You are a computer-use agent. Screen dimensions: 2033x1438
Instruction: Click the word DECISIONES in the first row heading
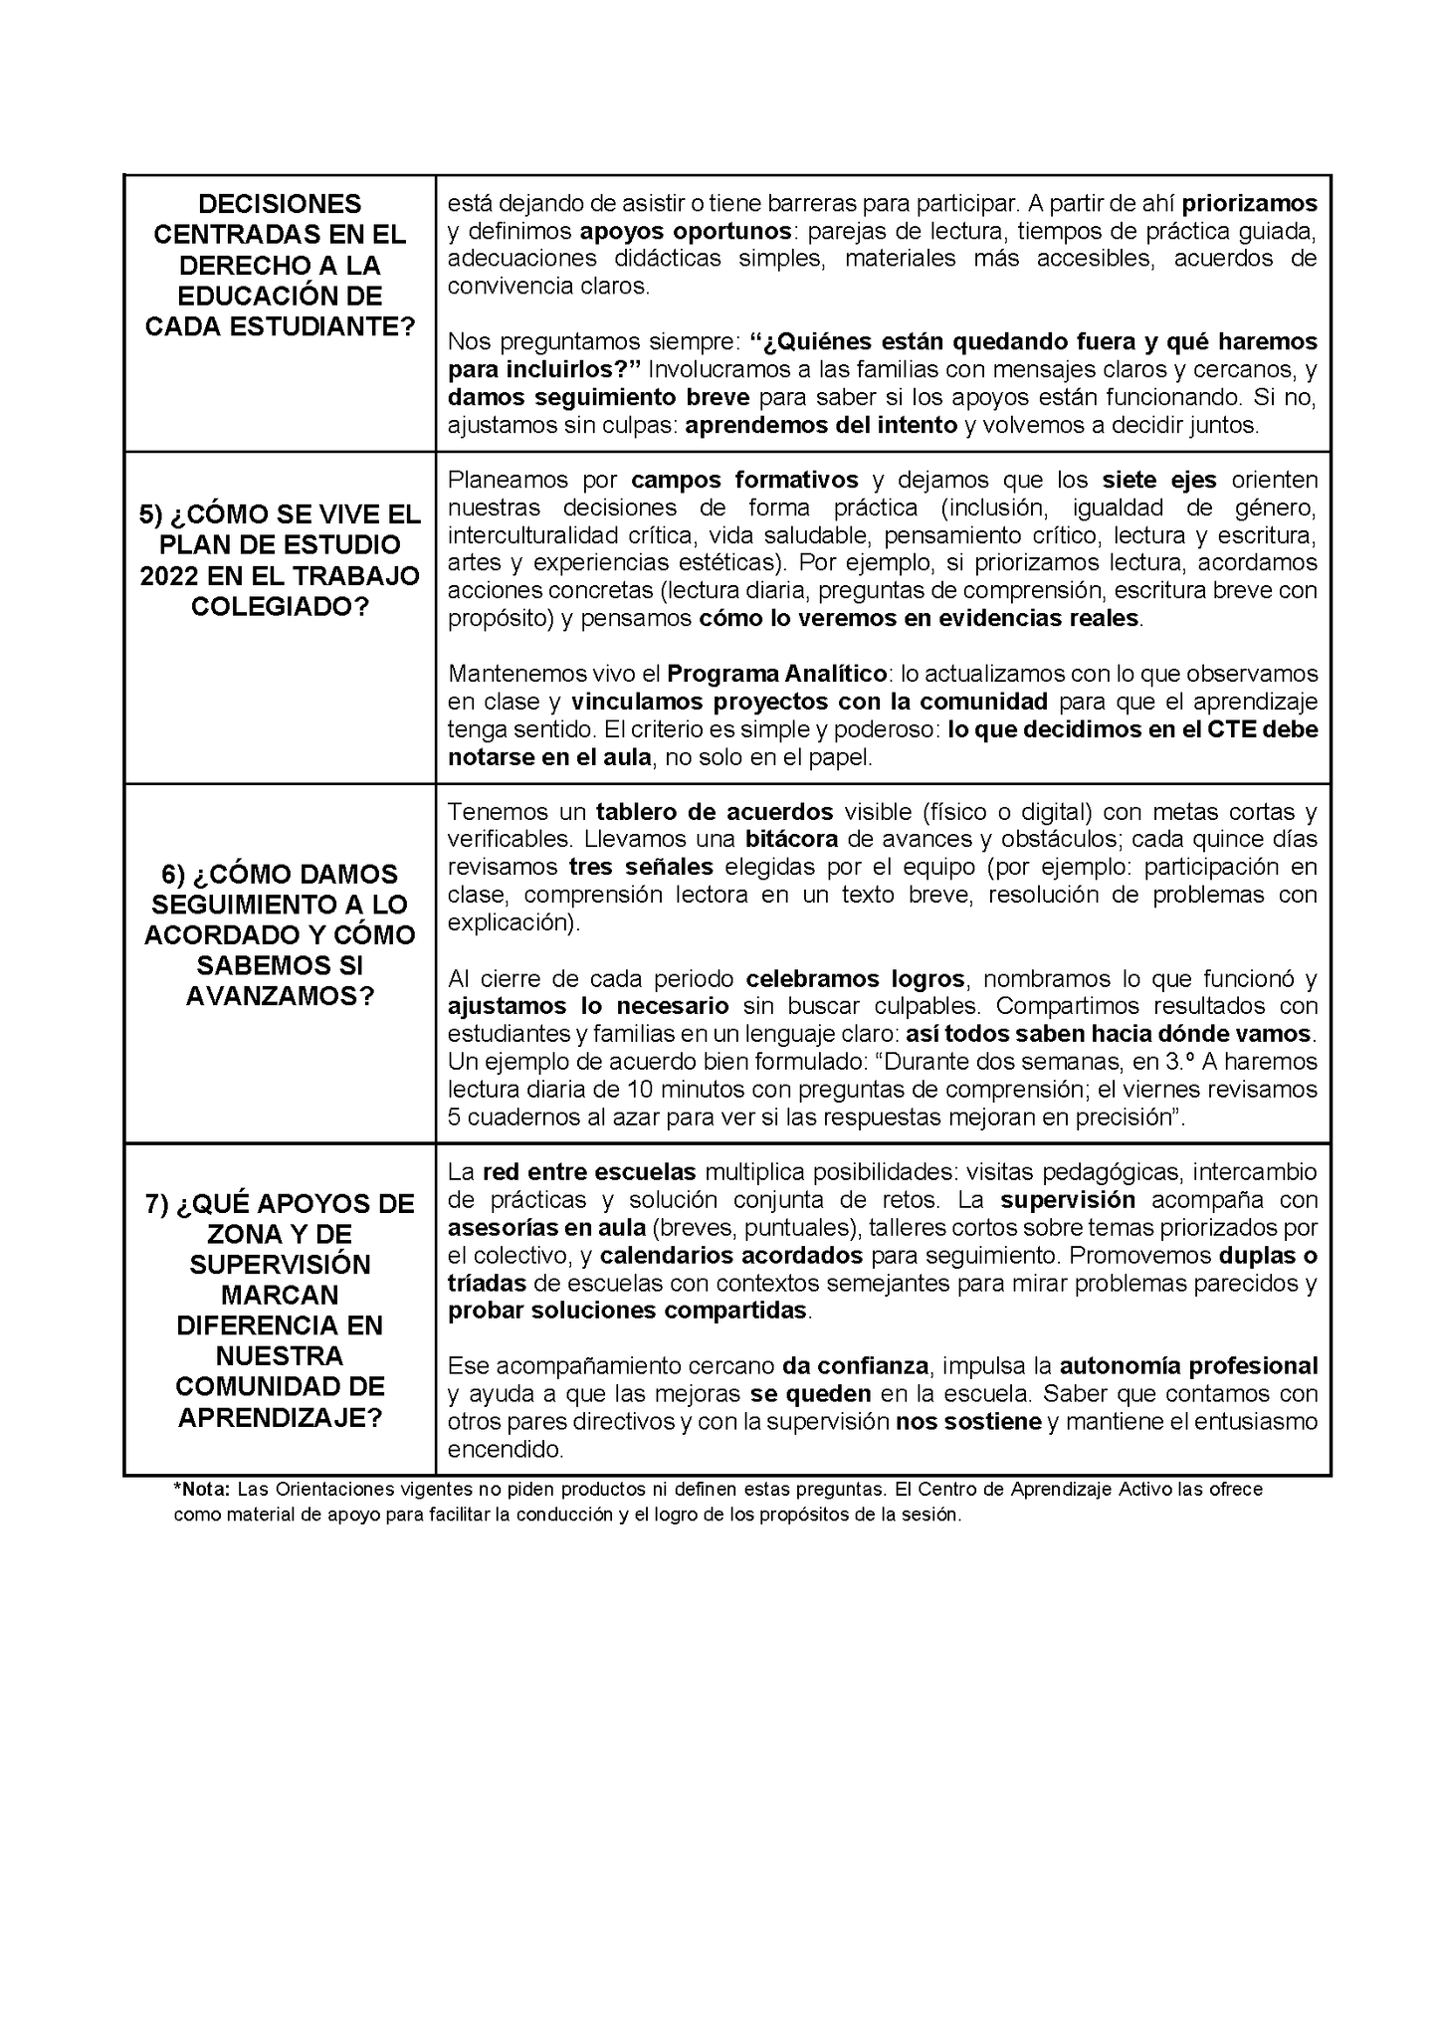click(280, 204)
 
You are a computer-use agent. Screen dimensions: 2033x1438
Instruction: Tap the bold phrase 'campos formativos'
click(744, 480)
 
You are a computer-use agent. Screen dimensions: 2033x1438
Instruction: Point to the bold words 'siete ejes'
click(1158, 480)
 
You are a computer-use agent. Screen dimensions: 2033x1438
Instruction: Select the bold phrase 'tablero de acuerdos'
click(714, 811)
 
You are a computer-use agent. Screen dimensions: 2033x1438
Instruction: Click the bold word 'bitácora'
click(791, 839)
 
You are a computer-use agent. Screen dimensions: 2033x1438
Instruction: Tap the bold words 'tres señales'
click(641, 866)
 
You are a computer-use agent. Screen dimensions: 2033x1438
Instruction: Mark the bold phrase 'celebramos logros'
click(855, 977)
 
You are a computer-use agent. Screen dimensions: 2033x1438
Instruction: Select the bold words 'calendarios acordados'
click(730, 1255)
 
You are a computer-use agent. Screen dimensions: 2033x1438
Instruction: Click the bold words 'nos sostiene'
click(968, 1422)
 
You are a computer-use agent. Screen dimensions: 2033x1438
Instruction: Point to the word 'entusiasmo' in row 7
click(1258, 1422)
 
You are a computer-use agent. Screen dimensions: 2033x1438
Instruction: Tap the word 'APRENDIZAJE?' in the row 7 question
click(280, 1418)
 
